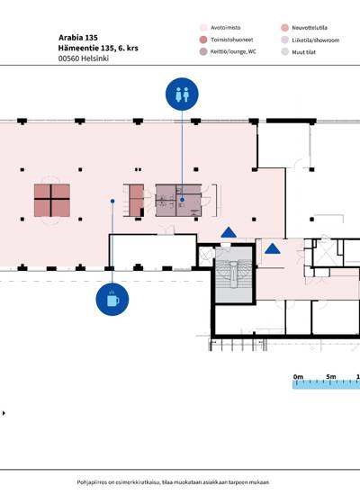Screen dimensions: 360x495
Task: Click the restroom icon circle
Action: (182, 94)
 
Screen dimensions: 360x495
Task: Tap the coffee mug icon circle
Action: (112, 300)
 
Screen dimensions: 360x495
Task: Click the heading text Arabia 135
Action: (78, 38)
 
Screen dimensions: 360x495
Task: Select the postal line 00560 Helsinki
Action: (84, 58)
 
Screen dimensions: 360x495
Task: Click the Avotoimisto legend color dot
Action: (203, 28)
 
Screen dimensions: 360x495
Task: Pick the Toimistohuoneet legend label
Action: (232, 40)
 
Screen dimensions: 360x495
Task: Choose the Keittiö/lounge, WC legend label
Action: (233, 51)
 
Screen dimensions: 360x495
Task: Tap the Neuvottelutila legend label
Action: (310, 28)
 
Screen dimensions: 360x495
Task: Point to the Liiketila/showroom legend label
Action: (316, 40)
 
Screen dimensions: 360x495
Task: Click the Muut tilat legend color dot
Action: (284, 52)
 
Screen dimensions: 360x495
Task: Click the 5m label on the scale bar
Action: (331, 376)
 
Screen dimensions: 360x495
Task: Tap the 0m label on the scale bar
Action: (298, 376)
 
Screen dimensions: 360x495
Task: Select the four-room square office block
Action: (52, 201)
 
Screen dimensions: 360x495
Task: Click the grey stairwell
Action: (234, 275)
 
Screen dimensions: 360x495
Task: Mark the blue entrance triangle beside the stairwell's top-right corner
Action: (272, 248)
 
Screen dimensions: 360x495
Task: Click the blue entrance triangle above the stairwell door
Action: (229, 232)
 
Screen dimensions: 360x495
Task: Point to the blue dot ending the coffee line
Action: (112, 201)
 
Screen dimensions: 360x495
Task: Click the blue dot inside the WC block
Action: (182, 200)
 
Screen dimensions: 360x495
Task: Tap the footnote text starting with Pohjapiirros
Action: (173, 482)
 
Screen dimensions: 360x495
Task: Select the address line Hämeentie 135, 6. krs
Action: (98, 48)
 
